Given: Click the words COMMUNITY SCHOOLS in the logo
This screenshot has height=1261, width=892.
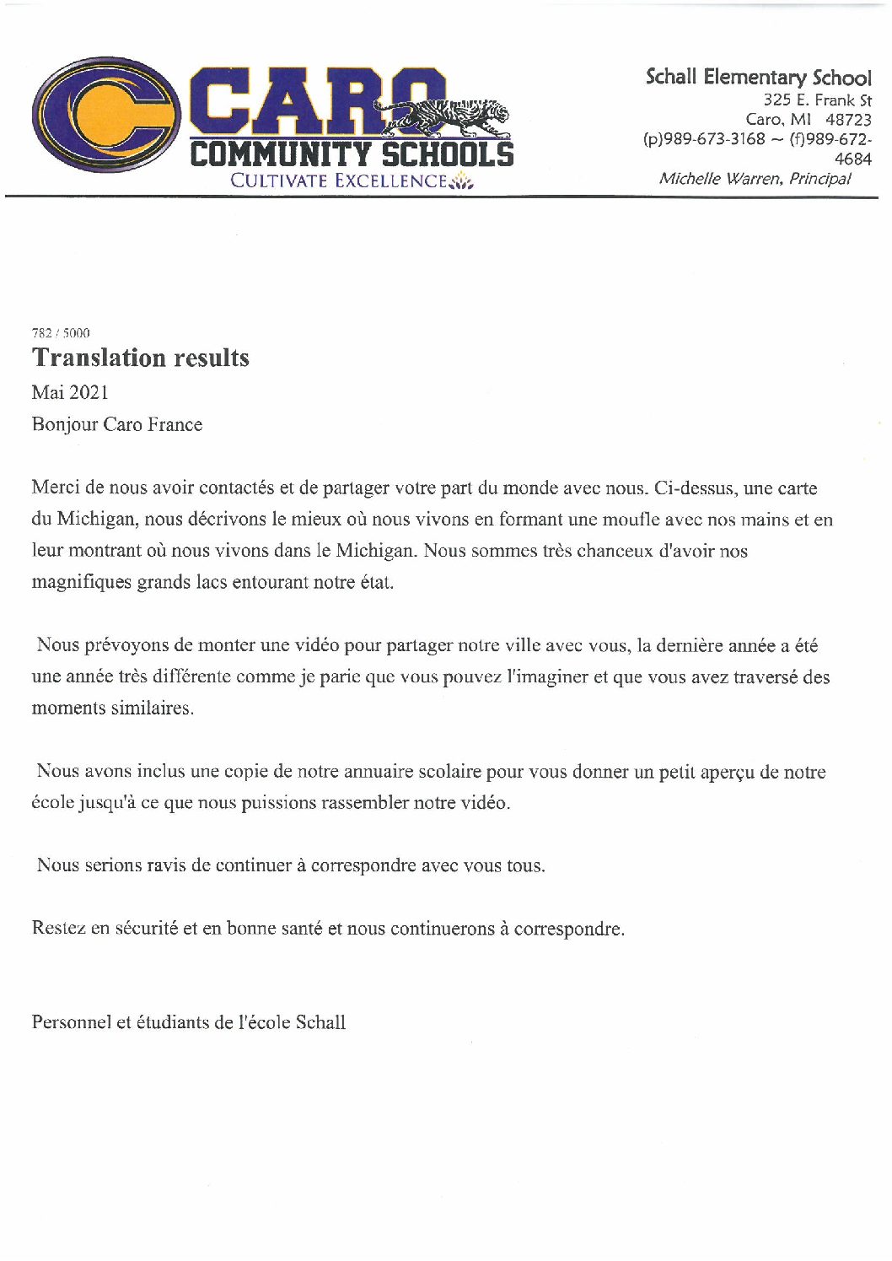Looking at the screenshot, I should click(351, 155).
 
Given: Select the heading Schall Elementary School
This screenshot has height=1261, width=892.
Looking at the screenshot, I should click(758, 78).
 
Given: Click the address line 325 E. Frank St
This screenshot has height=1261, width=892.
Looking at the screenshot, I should click(817, 100).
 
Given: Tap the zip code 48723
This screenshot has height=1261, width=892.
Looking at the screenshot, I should click(848, 120).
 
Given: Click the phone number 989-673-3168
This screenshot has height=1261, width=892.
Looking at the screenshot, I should click(715, 139).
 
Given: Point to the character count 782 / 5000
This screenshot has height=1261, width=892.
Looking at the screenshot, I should click(61, 332).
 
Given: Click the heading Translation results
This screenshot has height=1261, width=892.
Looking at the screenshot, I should click(141, 358).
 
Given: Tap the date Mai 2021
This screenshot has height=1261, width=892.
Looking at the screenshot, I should click(70, 392).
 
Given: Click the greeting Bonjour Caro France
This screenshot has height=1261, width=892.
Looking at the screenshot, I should click(117, 424).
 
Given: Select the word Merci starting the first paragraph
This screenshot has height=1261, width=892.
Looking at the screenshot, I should click(54, 488).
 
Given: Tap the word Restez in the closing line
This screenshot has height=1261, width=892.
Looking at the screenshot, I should click(58, 929).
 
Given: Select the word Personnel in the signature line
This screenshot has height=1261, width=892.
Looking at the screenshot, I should click(71, 1022).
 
